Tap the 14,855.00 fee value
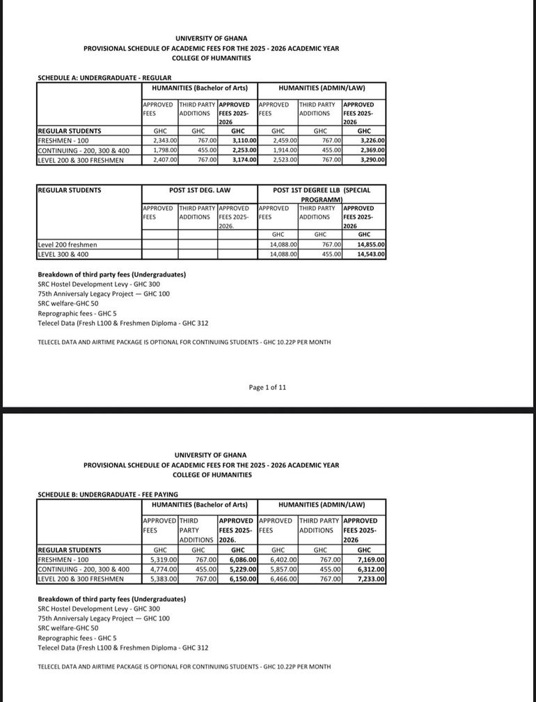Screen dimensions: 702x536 [372, 245]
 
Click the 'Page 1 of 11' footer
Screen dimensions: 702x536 [267, 387]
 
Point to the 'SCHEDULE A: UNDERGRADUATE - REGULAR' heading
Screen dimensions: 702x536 [104, 77]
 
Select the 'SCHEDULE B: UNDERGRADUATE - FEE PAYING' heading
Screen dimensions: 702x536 [107, 494]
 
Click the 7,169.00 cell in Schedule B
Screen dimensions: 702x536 [372, 559]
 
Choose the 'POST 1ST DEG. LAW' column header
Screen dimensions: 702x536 [199, 190]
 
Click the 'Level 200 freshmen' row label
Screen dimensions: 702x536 [68, 245]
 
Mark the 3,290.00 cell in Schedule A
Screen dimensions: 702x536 [372, 160]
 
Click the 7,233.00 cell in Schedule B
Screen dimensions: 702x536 [372, 579]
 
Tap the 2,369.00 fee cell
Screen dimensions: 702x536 [372, 150]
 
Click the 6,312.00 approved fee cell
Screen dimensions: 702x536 [372, 569]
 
